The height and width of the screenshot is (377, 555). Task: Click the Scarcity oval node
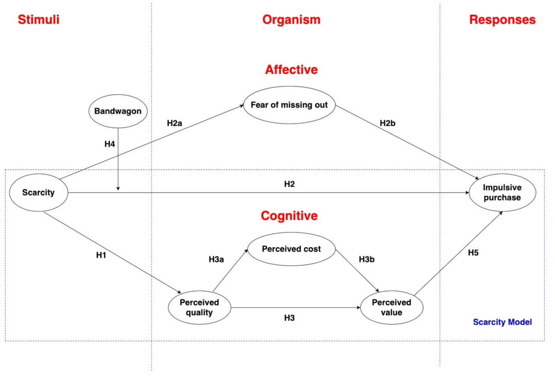point(38,192)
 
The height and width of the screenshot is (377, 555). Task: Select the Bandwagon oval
point(118,111)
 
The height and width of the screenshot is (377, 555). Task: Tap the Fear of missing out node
point(289,105)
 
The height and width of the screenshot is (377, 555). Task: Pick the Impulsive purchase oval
point(502,192)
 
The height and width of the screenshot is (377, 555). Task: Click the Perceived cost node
point(291,249)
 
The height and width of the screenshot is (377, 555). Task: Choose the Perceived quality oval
point(199,307)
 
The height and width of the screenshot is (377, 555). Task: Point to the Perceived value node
point(391,307)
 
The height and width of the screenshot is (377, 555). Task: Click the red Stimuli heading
point(38,19)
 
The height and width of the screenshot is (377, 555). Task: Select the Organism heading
point(291,19)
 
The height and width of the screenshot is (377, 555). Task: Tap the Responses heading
point(502,19)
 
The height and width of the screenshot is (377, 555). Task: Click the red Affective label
point(291,70)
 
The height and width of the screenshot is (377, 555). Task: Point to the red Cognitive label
point(289,216)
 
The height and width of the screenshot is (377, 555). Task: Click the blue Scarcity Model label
point(502,322)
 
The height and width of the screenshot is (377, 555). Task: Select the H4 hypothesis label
point(109,144)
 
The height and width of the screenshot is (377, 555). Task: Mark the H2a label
point(174,123)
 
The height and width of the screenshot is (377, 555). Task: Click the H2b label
point(387,123)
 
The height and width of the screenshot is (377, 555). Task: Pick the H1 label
point(101,255)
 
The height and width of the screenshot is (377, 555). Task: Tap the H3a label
point(216,259)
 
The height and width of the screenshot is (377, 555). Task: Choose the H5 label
point(473,253)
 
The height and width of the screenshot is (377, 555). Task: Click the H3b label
point(366,259)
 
